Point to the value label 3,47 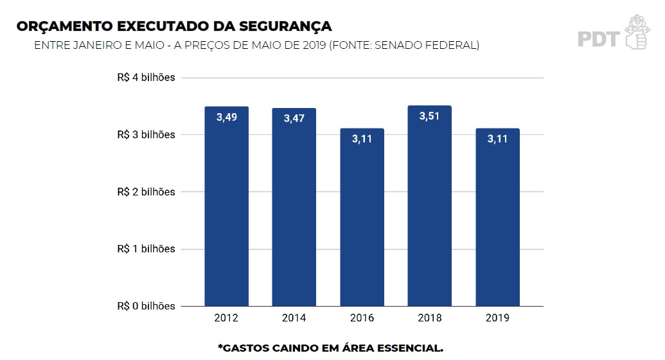[294, 119]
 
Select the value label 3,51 [429, 116]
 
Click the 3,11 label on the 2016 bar [362, 139]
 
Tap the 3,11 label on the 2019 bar [497, 139]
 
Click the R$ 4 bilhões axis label [146, 78]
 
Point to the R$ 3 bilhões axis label [146, 135]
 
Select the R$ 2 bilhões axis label [146, 192]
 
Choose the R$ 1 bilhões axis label [146, 249]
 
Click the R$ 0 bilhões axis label [146, 306]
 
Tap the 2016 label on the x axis [362, 318]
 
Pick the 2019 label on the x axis [497, 318]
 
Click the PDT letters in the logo [598, 39]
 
